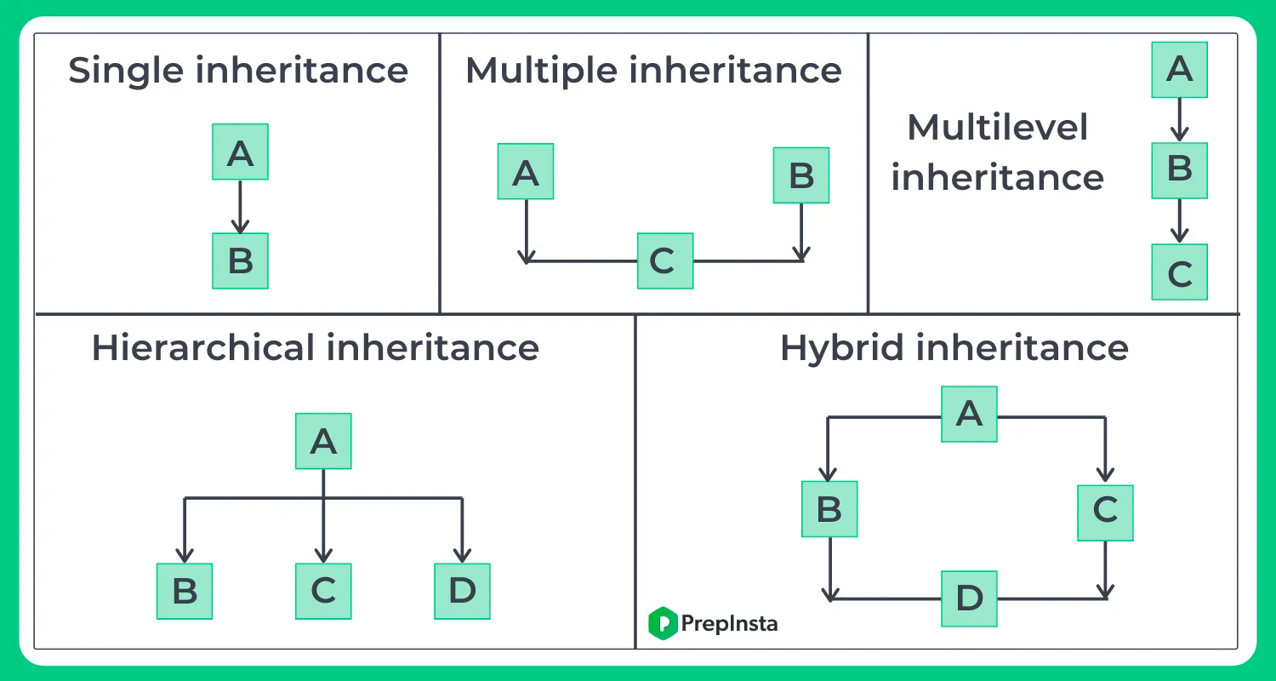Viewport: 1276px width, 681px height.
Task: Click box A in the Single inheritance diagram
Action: coord(240,152)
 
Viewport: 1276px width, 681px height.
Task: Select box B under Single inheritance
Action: coord(240,260)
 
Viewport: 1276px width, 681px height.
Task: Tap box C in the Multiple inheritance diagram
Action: coord(665,260)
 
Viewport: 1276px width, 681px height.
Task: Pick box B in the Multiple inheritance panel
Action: coord(800,175)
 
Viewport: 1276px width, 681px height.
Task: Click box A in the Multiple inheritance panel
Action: coord(526,172)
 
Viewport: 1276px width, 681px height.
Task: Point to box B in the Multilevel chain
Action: coord(1179,169)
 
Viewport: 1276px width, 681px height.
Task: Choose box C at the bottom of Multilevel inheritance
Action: coord(1179,272)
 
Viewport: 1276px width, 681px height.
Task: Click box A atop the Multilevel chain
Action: coord(1179,69)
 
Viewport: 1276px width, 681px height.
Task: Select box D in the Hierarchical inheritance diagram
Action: coord(462,591)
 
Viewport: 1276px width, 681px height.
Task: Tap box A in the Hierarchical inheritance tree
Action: coord(323,441)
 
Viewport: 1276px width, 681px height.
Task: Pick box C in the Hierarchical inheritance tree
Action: coord(323,591)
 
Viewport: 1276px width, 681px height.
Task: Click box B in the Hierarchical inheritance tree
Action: coord(185,591)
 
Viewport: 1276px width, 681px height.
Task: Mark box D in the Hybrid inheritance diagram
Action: coord(969,598)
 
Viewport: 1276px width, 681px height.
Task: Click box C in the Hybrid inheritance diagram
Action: coord(1105,512)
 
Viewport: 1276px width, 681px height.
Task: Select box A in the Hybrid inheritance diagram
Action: coord(969,414)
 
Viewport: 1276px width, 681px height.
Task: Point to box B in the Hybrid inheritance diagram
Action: coord(829,509)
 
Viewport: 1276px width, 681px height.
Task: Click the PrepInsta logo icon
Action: coord(662,623)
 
